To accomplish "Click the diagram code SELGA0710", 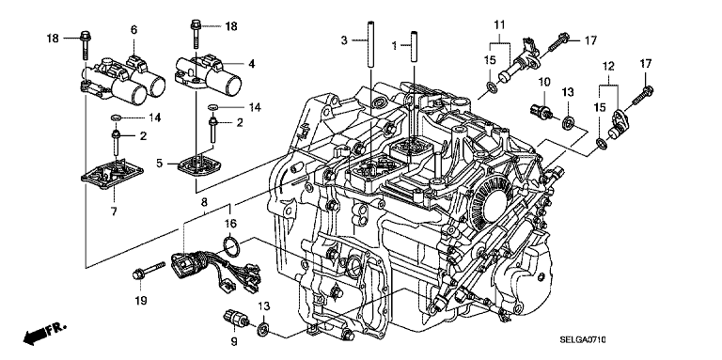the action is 582,340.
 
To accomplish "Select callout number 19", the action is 140,301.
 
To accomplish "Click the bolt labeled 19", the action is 149,270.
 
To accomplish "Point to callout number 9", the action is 234,341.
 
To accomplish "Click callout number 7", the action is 114,211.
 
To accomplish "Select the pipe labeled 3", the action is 369,45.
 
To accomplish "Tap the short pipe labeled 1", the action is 414,45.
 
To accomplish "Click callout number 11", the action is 500,23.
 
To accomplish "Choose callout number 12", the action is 609,67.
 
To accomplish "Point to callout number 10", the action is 544,83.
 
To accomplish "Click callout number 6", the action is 133,30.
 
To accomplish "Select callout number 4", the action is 251,64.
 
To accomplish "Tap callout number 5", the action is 159,163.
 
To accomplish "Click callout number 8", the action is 204,202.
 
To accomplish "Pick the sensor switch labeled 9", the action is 236,319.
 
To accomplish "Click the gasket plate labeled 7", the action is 112,173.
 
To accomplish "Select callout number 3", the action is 344,40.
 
